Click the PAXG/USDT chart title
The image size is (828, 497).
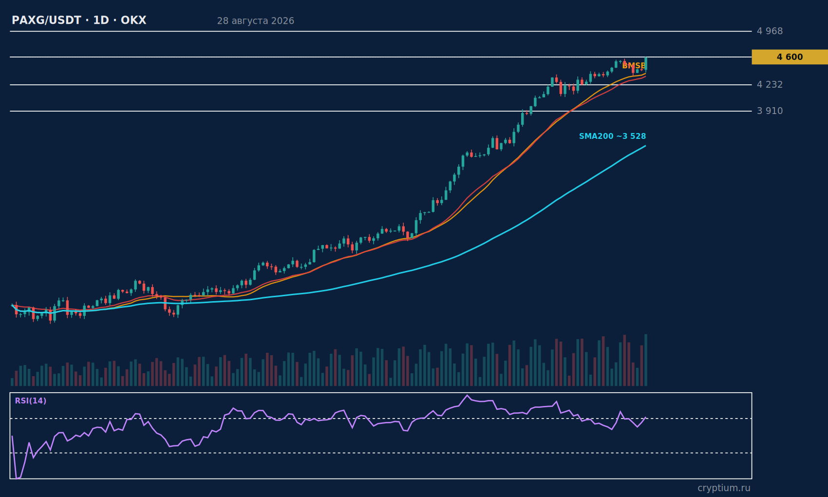[x=79, y=20]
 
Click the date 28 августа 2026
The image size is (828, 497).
[x=255, y=21]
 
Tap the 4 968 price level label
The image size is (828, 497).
[x=770, y=31]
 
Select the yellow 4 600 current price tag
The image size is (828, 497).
[x=790, y=57]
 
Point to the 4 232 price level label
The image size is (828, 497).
[x=770, y=85]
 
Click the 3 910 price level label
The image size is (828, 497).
[x=770, y=111]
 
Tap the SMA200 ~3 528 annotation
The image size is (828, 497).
[x=613, y=136]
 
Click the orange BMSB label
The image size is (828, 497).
[x=634, y=66]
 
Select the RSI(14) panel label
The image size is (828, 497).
[x=31, y=401]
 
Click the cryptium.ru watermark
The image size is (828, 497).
[x=724, y=488]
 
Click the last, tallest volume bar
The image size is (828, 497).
[x=646, y=360]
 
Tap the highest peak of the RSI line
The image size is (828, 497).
[x=467, y=395]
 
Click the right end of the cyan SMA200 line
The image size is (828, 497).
[x=645, y=146]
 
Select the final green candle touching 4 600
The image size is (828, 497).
[x=646, y=63]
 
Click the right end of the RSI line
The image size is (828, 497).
[x=645, y=418]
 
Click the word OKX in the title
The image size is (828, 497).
[x=133, y=20]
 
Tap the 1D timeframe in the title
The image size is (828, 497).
[x=101, y=20]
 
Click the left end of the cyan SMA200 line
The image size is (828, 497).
[x=12, y=305]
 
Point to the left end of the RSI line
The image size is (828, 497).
[x=12, y=437]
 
